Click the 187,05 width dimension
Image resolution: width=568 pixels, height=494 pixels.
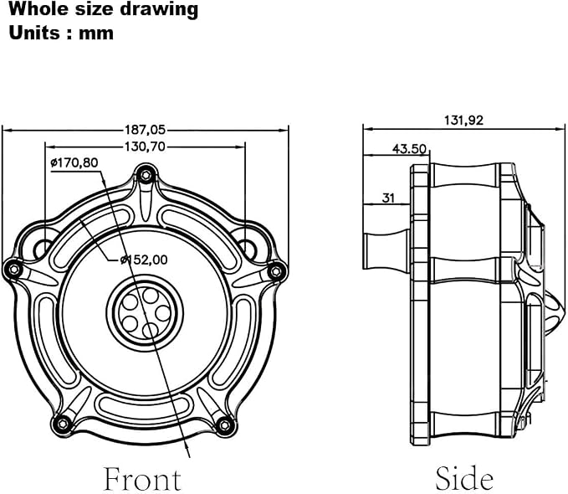[145, 130]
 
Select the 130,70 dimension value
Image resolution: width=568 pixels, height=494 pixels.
[145, 147]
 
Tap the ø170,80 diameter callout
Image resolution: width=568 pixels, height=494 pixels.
[74, 162]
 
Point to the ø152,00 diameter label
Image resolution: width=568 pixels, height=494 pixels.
[144, 260]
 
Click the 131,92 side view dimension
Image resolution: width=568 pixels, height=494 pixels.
[463, 120]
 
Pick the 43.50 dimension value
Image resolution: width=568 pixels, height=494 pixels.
[409, 149]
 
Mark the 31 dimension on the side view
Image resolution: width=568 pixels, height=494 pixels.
[388, 198]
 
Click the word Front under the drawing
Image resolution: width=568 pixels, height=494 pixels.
[142, 479]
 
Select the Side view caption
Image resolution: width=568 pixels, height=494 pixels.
[464, 478]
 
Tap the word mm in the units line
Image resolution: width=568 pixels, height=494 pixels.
[96, 33]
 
